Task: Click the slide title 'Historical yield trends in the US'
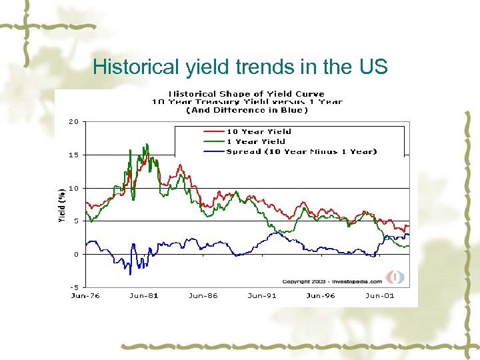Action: (240, 67)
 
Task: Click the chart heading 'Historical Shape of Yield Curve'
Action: (246, 94)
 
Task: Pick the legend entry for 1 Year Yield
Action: (255, 141)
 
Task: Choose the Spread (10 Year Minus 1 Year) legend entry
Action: (301, 151)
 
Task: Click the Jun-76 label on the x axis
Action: (85, 295)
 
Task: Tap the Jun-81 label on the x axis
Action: (143, 295)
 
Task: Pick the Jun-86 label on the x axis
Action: (203, 295)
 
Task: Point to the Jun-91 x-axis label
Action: (262, 295)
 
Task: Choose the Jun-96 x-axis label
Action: (321, 295)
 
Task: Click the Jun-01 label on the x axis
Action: (379, 295)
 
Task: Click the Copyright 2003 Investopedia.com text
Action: (332, 281)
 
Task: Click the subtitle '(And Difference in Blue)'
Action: (246, 110)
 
